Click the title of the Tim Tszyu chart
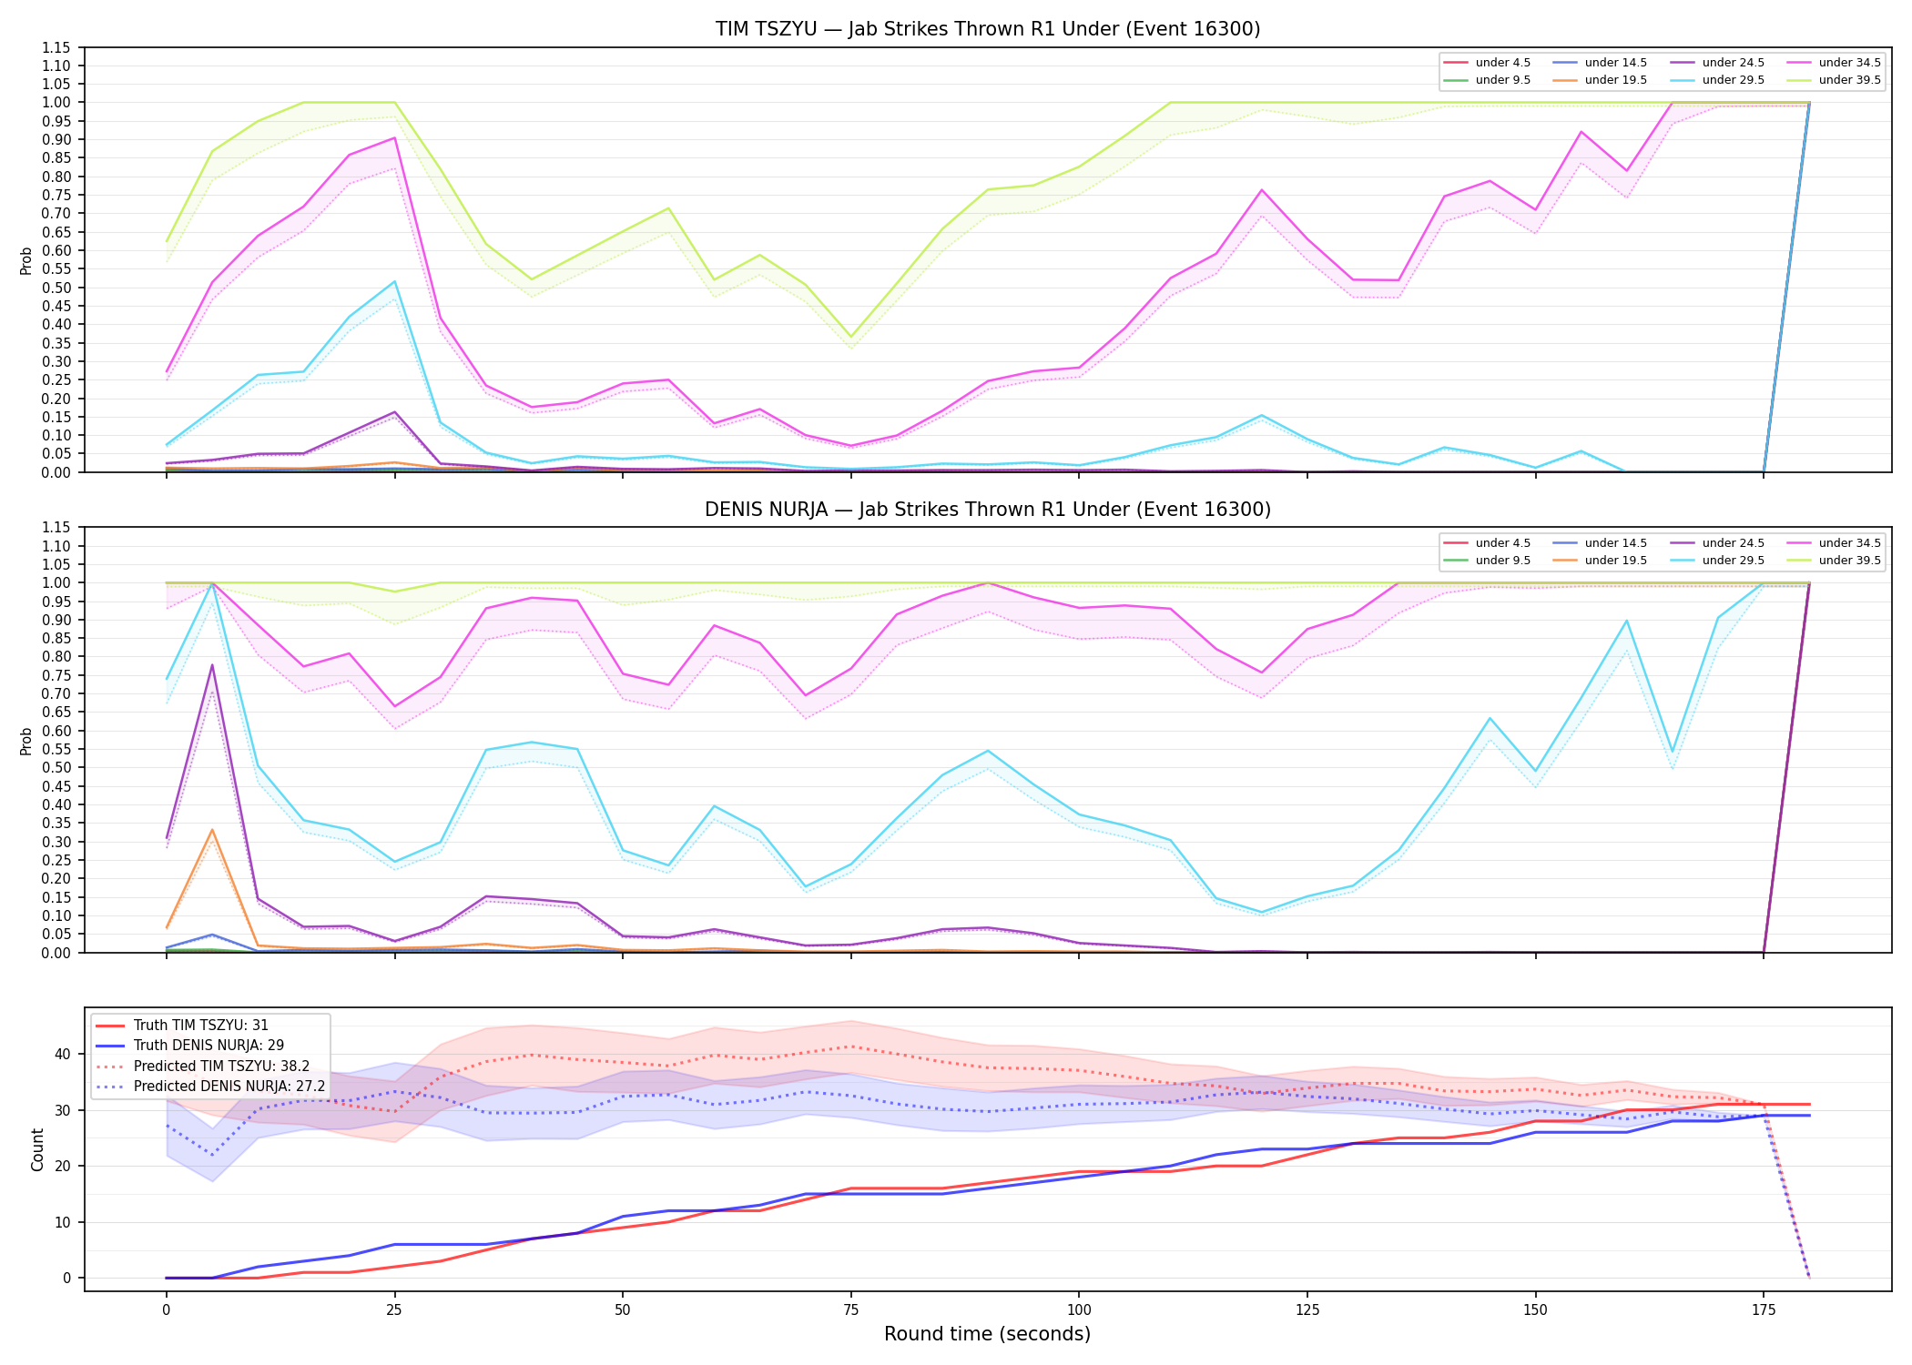[x=988, y=29]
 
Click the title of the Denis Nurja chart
[x=988, y=510]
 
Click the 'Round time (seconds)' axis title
[x=987, y=1334]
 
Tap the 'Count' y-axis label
[x=37, y=1149]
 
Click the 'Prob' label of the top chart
[x=26, y=260]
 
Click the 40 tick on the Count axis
[x=62, y=1055]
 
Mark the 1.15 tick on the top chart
[x=56, y=47]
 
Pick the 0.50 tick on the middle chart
[x=56, y=767]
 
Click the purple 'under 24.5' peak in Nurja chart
[x=212, y=664]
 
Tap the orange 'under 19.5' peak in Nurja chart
[x=212, y=830]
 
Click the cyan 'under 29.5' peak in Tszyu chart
[x=394, y=281]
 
